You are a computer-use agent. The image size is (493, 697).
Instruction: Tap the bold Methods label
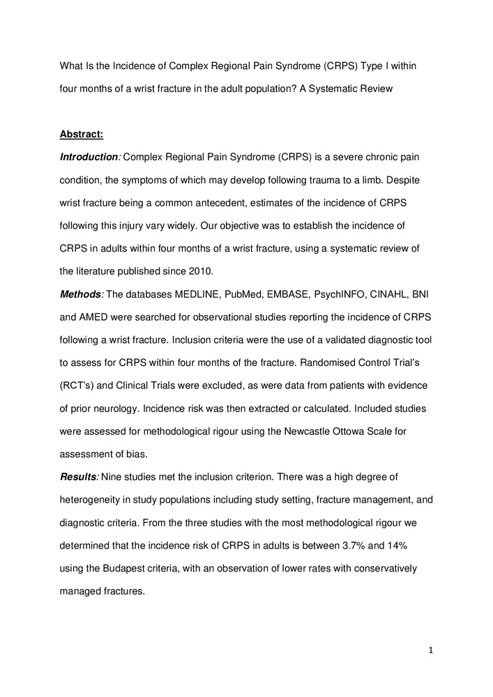(x=81, y=296)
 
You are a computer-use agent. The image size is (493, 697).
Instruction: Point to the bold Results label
(x=79, y=477)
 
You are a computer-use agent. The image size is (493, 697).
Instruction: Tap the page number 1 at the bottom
(x=431, y=651)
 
